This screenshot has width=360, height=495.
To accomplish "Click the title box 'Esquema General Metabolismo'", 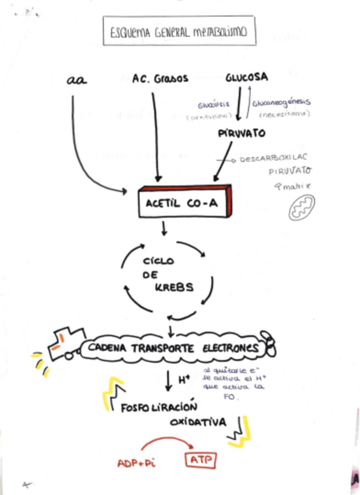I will click(x=179, y=33).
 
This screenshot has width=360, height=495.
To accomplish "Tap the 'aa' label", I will click(x=76, y=80).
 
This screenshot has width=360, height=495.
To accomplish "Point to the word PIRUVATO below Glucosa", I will click(x=242, y=133).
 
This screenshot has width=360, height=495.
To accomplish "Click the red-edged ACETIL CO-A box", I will click(x=184, y=202).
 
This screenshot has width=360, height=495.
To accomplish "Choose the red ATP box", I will click(x=201, y=461).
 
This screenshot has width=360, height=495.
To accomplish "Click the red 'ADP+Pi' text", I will click(x=136, y=463).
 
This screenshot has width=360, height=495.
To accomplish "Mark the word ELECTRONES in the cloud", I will click(x=229, y=348).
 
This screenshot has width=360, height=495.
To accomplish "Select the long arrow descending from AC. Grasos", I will click(x=155, y=134).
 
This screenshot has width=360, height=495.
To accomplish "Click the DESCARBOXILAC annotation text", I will click(x=273, y=158).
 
